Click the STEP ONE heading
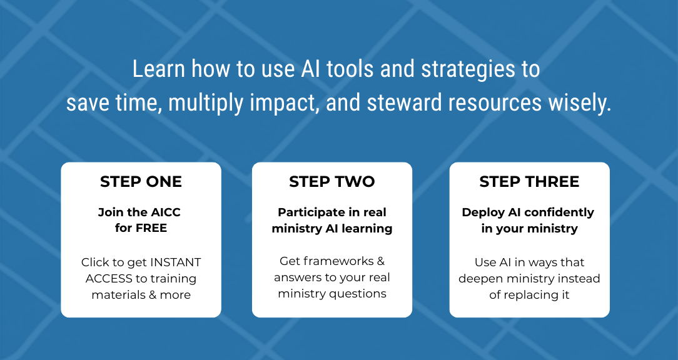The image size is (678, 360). [141, 181]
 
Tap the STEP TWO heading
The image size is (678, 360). [332, 181]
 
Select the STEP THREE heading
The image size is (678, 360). [529, 181]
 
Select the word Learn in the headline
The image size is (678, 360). [159, 69]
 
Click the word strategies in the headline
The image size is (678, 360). [468, 70]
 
